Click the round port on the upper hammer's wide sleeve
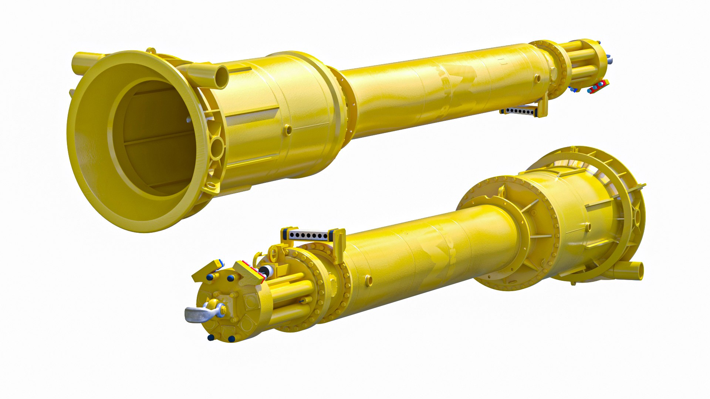[288, 129]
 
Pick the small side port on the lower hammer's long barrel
[368, 280]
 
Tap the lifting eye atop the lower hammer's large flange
[501, 191]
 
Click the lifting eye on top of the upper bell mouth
[151, 51]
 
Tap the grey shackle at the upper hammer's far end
[610, 58]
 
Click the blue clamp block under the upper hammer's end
[574, 89]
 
